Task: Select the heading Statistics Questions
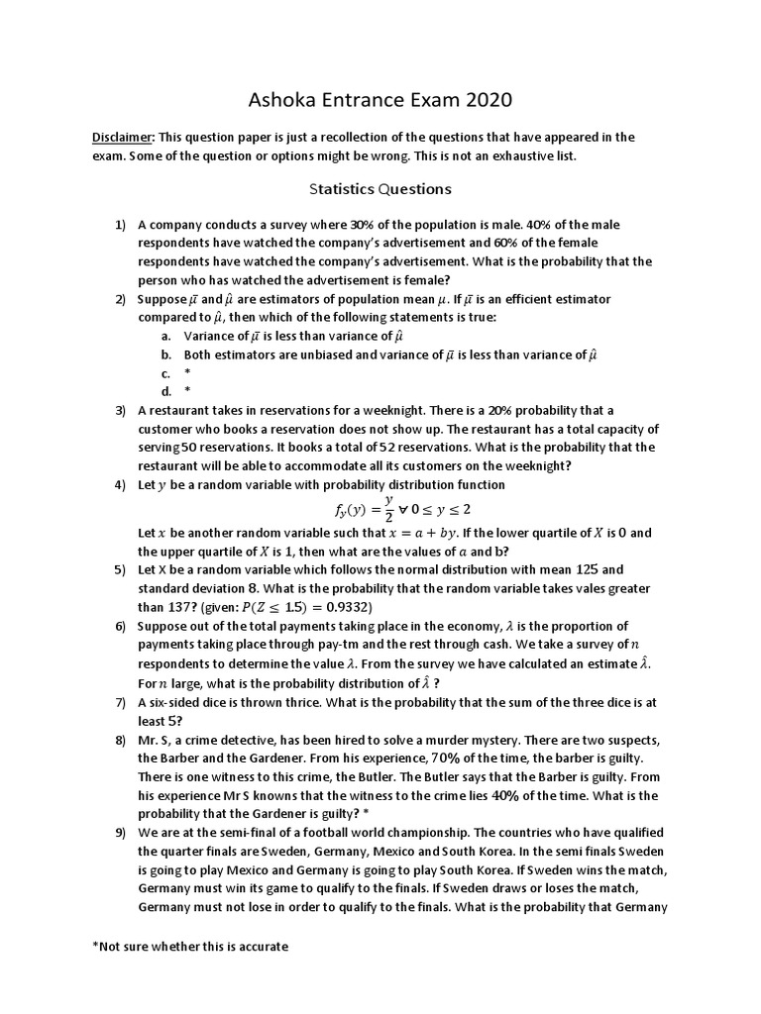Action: coord(380,188)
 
